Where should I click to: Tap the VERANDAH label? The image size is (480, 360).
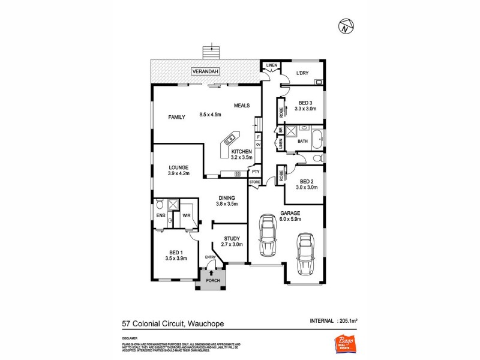click(x=205, y=71)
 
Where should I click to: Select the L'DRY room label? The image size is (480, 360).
click(x=302, y=74)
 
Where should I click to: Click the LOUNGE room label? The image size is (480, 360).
click(x=179, y=167)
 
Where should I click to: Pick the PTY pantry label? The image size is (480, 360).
click(x=255, y=172)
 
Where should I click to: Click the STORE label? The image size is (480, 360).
click(x=254, y=181)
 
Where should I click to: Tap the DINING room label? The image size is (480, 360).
click(x=226, y=197)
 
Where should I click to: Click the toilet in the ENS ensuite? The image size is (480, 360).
click(x=160, y=205)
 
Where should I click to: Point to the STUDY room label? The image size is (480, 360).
click(x=232, y=238)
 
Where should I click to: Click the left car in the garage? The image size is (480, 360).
click(x=267, y=236)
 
